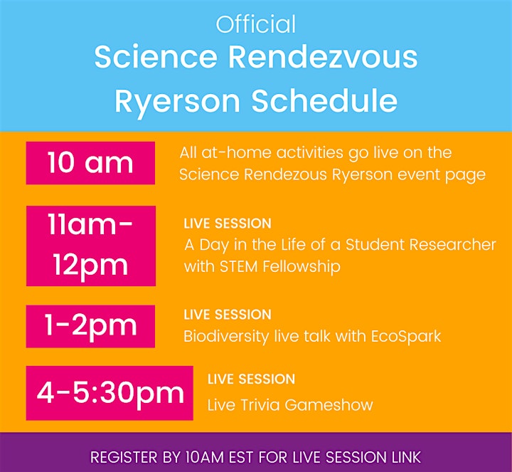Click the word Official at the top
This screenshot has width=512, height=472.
click(x=256, y=24)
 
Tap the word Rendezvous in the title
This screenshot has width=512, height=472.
click(x=323, y=57)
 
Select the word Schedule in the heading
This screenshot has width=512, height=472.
click(x=324, y=100)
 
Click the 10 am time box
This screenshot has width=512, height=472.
click(x=90, y=163)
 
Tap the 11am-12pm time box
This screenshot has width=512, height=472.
click(x=91, y=246)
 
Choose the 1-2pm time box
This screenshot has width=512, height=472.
click(x=90, y=326)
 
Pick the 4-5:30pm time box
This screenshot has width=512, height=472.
click(x=110, y=393)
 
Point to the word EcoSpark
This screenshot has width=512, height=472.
click(x=406, y=337)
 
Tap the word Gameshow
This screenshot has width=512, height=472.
click(x=329, y=405)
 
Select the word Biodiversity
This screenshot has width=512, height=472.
click(x=226, y=337)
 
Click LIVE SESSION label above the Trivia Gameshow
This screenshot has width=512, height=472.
click(x=251, y=379)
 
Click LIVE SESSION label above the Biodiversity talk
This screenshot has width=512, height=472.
click(x=228, y=315)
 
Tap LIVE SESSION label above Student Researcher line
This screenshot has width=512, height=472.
click(x=228, y=224)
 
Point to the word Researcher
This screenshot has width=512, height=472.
click(x=452, y=244)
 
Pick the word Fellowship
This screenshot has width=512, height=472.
click(x=301, y=266)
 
